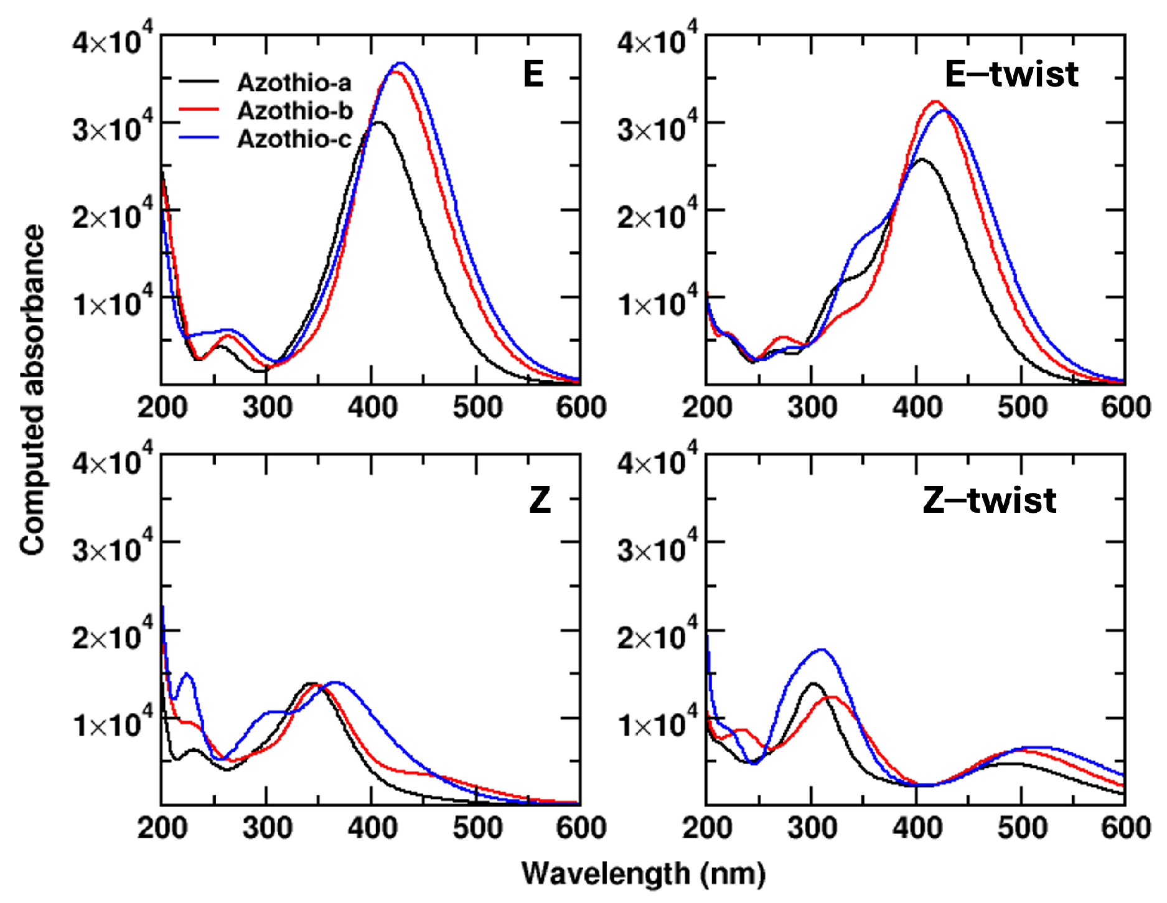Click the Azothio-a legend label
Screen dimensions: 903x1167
click(x=294, y=82)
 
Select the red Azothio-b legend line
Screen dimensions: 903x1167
click(x=199, y=110)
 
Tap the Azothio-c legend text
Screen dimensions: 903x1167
click(x=294, y=139)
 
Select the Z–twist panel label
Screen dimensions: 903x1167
click(x=989, y=500)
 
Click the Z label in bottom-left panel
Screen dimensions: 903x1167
click(x=540, y=500)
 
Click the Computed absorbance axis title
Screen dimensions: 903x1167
click(x=32, y=390)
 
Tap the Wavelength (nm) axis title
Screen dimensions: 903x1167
click(x=643, y=874)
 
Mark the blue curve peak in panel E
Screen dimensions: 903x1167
click(x=401, y=63)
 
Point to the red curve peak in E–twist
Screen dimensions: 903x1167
click(x=935, y=101)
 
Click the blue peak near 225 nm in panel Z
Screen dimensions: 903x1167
click(x=187, y=674)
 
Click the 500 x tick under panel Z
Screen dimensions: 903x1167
click(x=477, y=828)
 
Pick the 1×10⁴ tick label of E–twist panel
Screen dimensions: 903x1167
click(x=657, y=304)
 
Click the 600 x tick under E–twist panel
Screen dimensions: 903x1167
click(x=1125, y=408)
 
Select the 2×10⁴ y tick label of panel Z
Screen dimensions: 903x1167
click(x=112, y=637)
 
